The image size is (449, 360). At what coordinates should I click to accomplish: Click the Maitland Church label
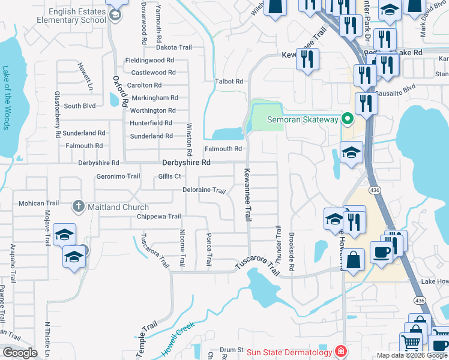point(118,207)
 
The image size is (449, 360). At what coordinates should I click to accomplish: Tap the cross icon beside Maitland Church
point(78,207)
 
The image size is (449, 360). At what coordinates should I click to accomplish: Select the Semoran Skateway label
point(303,119)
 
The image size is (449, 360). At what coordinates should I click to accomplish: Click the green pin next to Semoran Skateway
point(347,119)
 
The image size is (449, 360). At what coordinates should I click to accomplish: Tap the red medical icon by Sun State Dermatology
point(340,350)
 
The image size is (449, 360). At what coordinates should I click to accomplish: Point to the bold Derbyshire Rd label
point(186,163)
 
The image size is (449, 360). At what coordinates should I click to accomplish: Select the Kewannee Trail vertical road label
point(247,194)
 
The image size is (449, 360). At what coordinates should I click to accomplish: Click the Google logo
point(20,353)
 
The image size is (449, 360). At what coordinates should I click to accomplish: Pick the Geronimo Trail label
point(118,176)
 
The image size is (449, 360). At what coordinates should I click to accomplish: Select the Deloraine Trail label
point(204,191)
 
